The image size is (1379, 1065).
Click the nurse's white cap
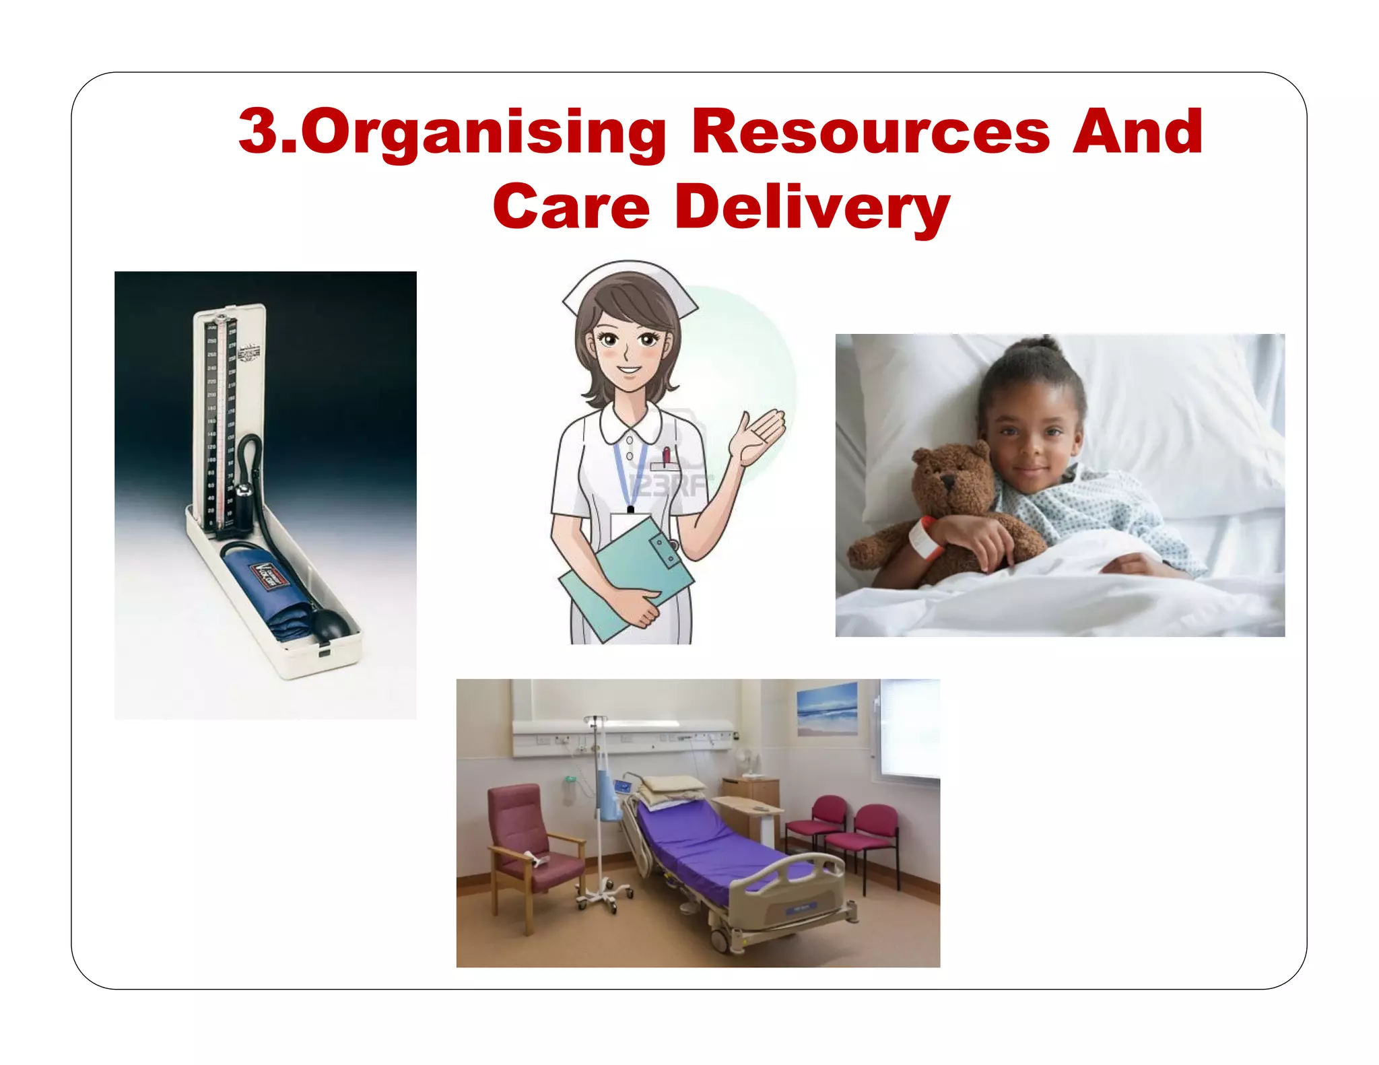[x=629, y=283]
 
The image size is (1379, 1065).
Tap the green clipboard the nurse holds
[x=626, y=579]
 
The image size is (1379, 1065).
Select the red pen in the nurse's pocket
[x=667, y=456]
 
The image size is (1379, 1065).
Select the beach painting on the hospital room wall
[x=827, y=709]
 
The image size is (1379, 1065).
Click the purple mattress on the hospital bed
[x=714, y=852]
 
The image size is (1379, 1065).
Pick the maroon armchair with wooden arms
[x=532, y=841]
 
